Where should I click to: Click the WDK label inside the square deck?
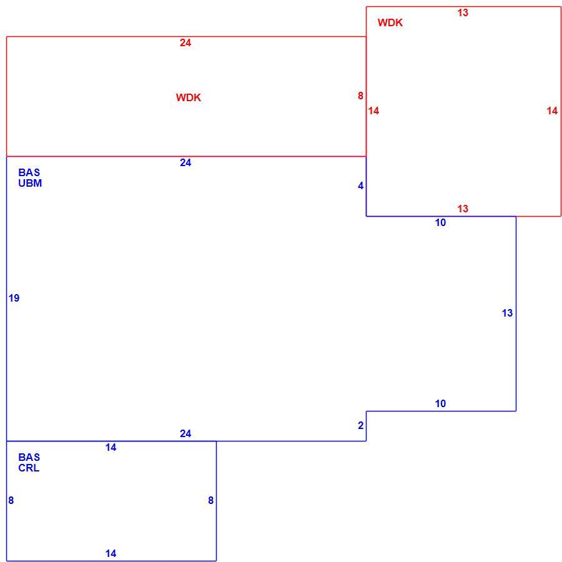pyautogui.click(x=390, y=22)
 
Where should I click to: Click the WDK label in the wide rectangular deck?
pyautogui.click(x=189, y=97)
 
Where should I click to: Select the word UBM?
pyautogui.click(x=30, y=183)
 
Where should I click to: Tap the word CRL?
pyautogui.click(x=29, y=468)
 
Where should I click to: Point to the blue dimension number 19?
pyautogui.click(x=14, y=298)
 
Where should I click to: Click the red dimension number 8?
pyautogui.click(x=360, y=96)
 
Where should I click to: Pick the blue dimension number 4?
pyautogui.click(x=360, y=186)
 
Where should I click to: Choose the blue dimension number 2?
pyautogui.click(x=360, y=426)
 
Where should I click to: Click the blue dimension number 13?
pyautogui.click(x=507, y=313)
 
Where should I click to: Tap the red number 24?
pyautogui.click(x=185, y=43)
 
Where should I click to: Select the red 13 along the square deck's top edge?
pyautogui.click(x=463, y=13)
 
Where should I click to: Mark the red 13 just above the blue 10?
pyautogui.click(x=463, y=209)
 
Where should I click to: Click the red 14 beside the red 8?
pyautogui.click(x=373, y=111)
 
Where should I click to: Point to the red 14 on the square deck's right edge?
pyautogui.click(x=553, y=111)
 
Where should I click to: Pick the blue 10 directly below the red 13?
pyautogui.click(x=440, y=223)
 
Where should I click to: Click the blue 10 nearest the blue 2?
pyautogui.click(x=440, y=404)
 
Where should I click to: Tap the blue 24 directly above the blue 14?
pyautogui.click(x=185, y=434)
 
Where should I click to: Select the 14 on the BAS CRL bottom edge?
pyautogui.click(x=111, y=554)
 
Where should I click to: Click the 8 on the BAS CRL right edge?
pyautogui.click(x=211, y=501)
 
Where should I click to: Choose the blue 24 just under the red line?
pyautogui.click(x=185, y=163)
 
